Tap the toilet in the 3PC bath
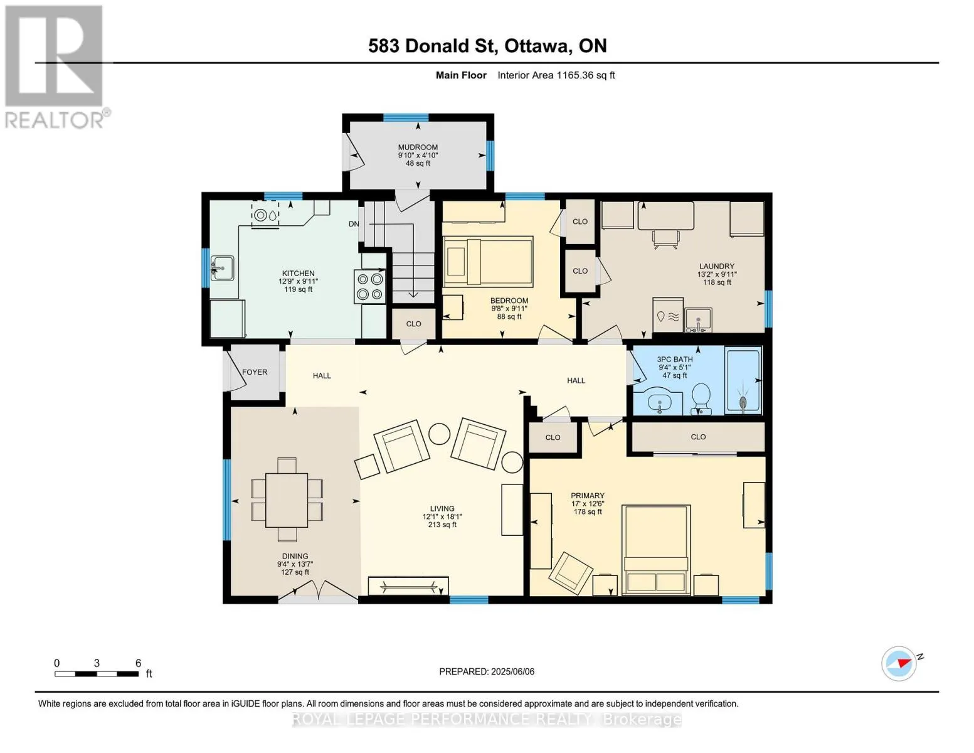click(x=701, y=398)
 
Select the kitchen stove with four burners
click(x=370, y=286)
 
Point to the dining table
click(x=287, y=500)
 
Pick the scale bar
click(x=97, y=673)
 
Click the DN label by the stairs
click(x=354, y=224)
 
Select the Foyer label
click(x=255, y=372)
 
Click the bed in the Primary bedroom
click(x=656, y=550)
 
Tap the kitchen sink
click(x=222, y=268)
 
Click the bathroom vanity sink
click(x=659, y=402)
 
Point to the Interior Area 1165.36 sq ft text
click(x=556, y=75)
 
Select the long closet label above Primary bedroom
click(x=698, y=437)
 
